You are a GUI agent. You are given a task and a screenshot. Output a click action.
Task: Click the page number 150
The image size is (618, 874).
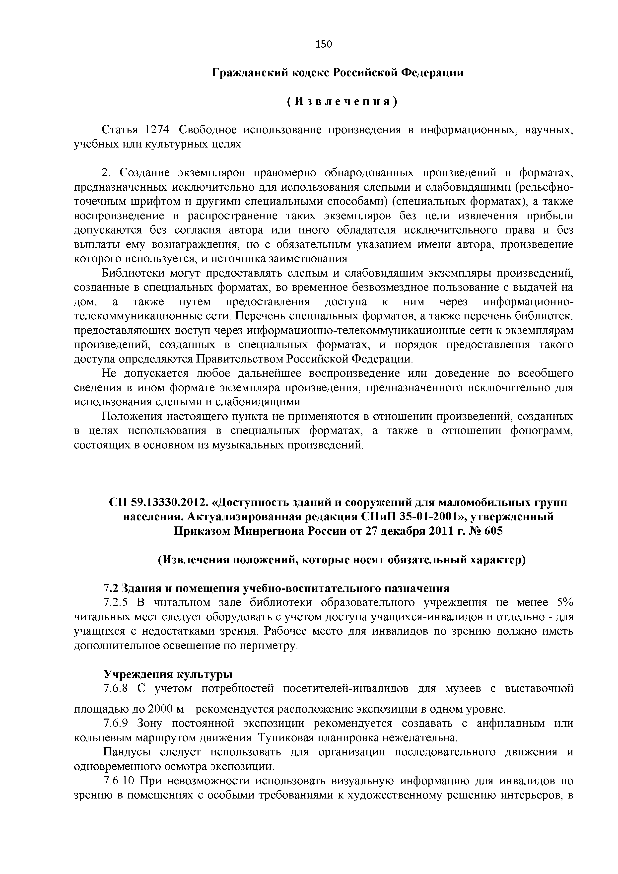tap(324, 45)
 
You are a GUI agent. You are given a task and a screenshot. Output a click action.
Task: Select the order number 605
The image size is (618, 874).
tap(493, 531)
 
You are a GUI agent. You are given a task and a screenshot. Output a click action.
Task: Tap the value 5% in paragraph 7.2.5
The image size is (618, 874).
tap(565, 603)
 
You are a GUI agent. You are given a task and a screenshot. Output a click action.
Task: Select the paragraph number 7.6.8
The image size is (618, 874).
tap(117, 689)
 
